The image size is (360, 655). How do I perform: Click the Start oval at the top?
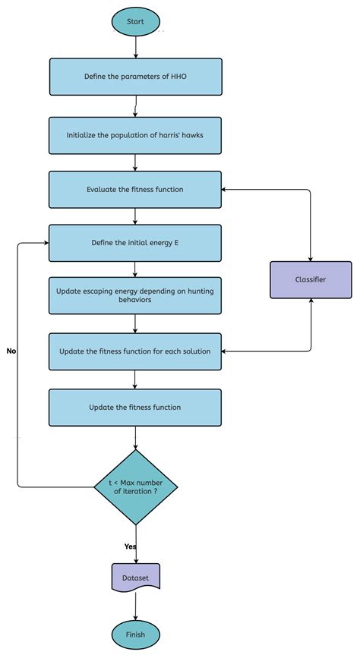pos(135,21)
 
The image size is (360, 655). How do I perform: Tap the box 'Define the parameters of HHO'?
pos(135,77)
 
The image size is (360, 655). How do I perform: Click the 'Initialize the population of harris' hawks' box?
pos(135,136)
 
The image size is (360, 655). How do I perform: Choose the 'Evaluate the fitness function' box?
pos(135,190)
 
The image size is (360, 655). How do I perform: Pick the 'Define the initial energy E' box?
pos(135,244)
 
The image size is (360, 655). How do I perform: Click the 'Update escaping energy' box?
pos(135,295)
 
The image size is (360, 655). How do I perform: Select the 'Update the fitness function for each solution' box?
pos(135,351)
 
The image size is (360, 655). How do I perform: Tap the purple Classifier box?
pos(311,279)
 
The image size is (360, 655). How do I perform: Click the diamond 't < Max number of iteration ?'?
pos(135,487)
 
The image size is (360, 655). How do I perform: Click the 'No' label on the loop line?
pos(11,351)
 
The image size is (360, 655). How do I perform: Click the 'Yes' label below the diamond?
pos(131,546)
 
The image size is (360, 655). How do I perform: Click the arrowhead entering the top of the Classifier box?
pos(311,257)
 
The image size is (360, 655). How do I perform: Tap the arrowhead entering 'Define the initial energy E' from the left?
pos(46,244)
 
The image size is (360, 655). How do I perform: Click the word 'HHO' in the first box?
pos(178,77)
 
